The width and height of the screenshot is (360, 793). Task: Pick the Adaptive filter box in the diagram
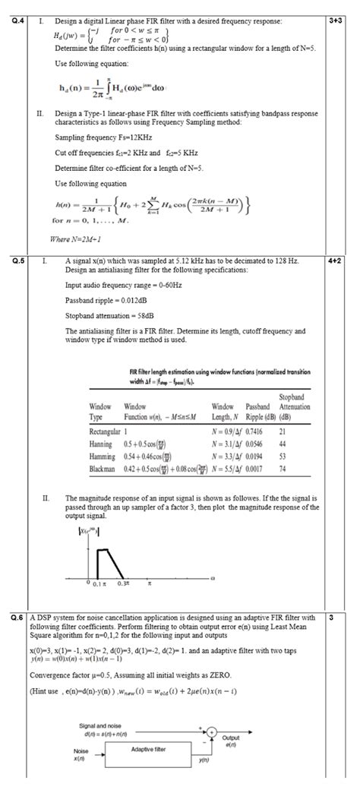point(148,748)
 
